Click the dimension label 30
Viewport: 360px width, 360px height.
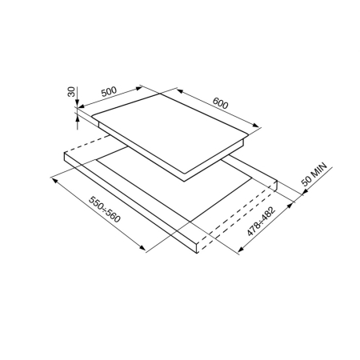coord(71,91)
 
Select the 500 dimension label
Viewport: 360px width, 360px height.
coord(109,91)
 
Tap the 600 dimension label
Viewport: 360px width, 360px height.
coord(221,103)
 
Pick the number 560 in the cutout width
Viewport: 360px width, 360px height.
coord(113,216)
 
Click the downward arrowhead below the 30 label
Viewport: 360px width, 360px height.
coord(77,103)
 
